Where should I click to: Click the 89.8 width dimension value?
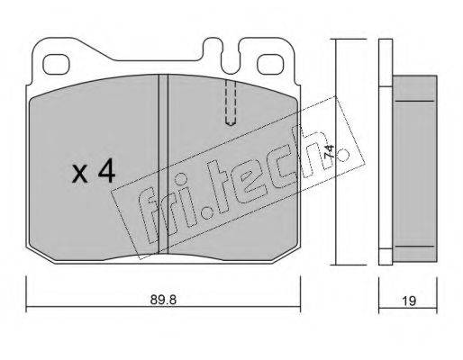163,300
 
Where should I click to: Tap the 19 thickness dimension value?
409,301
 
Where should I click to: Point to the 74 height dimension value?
329,152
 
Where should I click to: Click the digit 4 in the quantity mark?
107,170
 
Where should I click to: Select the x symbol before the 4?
80,175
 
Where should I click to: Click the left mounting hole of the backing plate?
56,64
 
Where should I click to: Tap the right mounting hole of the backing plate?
270,64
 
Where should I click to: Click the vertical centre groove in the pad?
163,164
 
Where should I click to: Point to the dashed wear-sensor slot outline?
231,102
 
